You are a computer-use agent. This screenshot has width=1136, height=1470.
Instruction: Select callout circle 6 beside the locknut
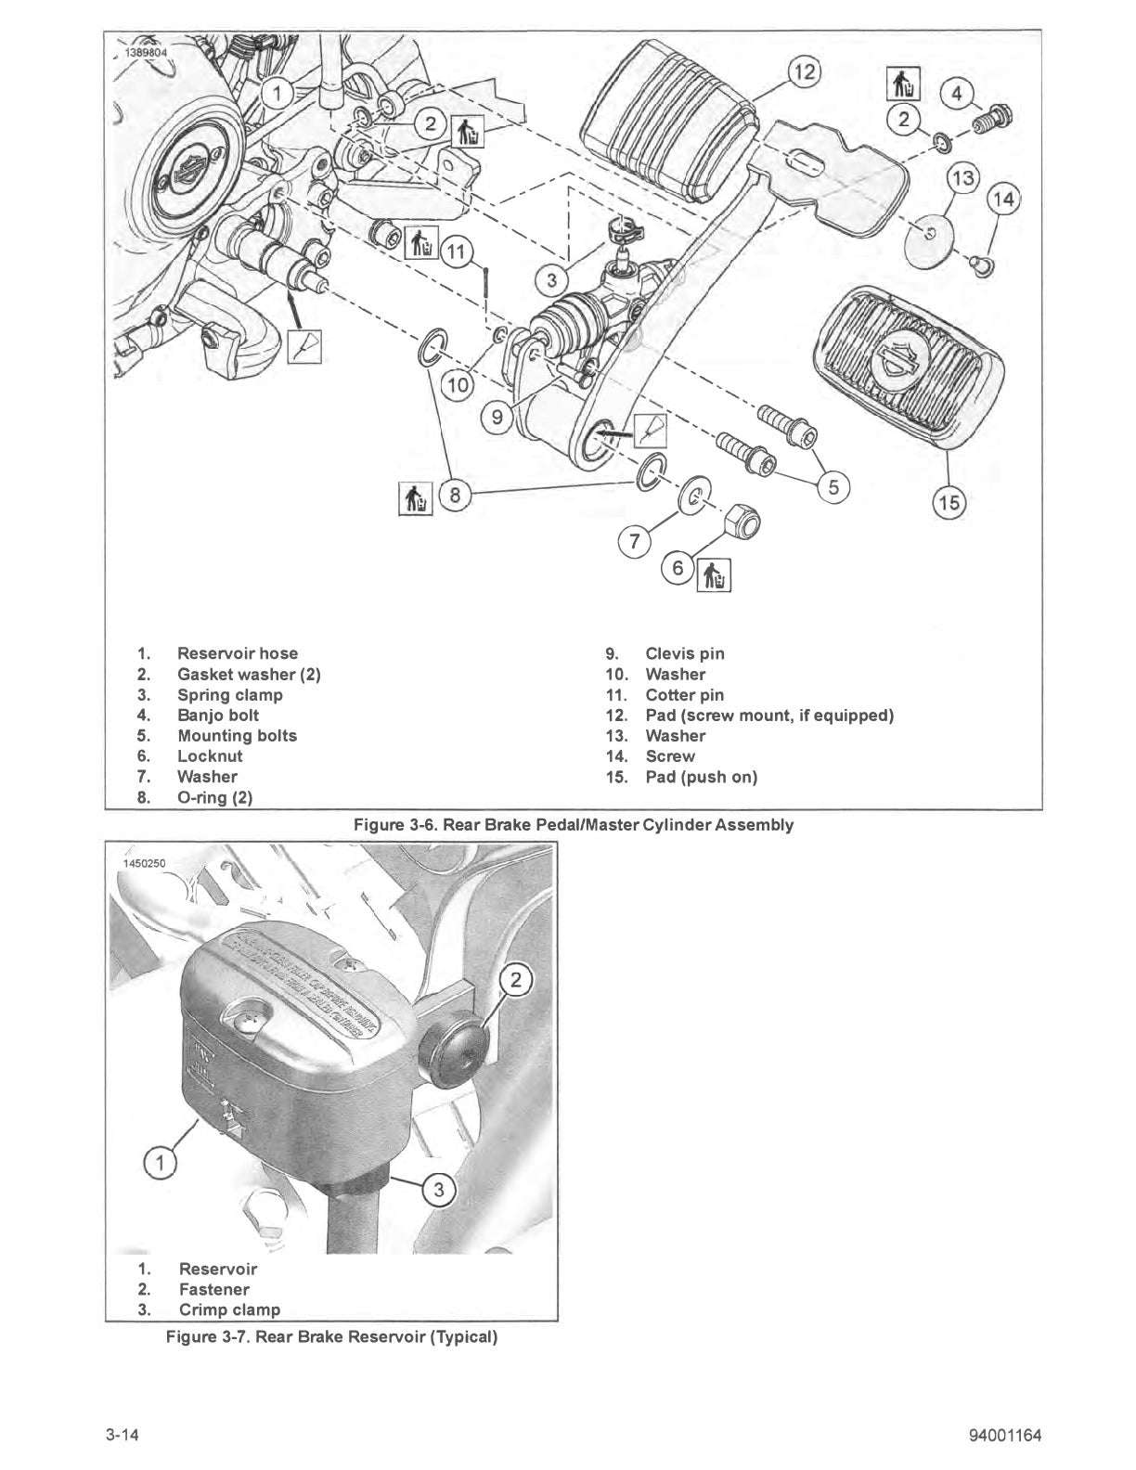tap(678, 569)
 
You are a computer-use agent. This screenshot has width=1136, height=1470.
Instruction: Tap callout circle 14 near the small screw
tap(1003, 199)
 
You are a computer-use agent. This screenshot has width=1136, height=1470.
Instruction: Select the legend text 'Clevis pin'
tap(684, 653)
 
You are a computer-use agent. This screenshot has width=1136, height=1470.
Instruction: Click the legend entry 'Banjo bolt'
tap(218, 715)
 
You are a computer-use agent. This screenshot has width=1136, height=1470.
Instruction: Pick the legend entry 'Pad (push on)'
tap(701, 777)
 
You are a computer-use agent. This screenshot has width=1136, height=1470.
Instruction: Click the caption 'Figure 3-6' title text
tap(573, 824)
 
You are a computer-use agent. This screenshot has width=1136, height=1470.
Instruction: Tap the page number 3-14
tap(122, 1436)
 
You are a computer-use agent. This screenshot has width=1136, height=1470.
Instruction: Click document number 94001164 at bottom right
tap(1003, 1436)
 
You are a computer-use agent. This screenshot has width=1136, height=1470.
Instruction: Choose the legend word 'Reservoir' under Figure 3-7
tap(218, 1269)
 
